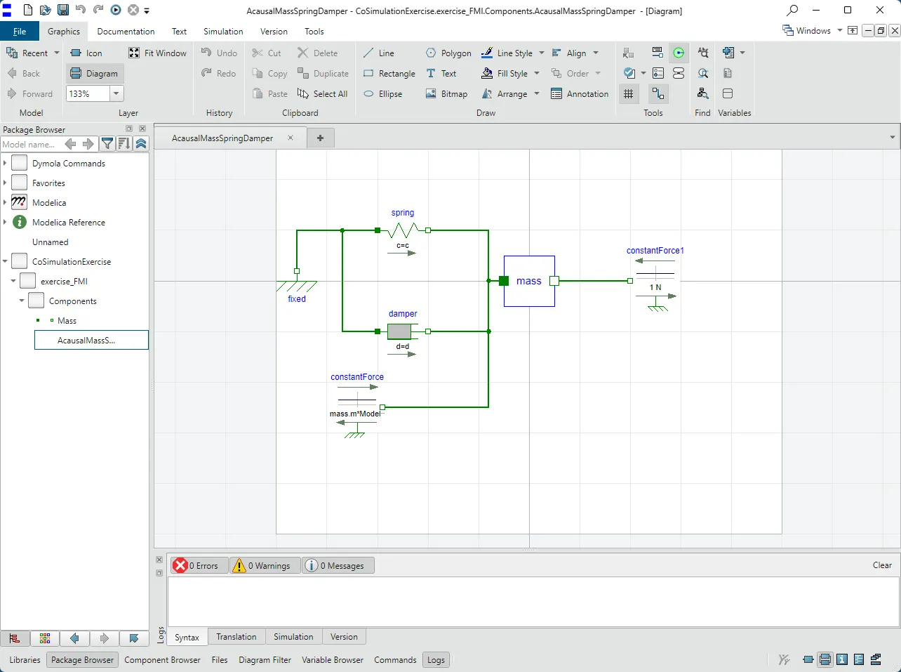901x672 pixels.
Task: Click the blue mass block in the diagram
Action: point(529,281)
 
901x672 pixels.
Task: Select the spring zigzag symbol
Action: point(403,230)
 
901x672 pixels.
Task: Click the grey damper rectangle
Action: point(399,331)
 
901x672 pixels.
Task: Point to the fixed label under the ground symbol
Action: point(297,298)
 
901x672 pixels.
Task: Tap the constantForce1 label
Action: point(655,250)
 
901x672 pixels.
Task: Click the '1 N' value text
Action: point(655,287)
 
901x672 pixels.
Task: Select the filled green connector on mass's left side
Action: point(504,281)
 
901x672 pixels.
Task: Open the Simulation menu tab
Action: point(223,31)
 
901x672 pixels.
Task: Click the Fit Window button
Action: point(158,53)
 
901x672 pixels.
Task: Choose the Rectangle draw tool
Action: point(389,74)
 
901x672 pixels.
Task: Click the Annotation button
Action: point(580,93)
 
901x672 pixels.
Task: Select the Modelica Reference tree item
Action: point(69,222)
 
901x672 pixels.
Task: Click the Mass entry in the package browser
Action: point(67,320)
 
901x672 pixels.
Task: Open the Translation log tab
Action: point(236,637)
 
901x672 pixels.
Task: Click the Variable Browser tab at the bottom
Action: point(333,659)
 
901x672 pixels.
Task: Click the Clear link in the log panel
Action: point(882,565)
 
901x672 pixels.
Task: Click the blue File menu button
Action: point(19,31)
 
